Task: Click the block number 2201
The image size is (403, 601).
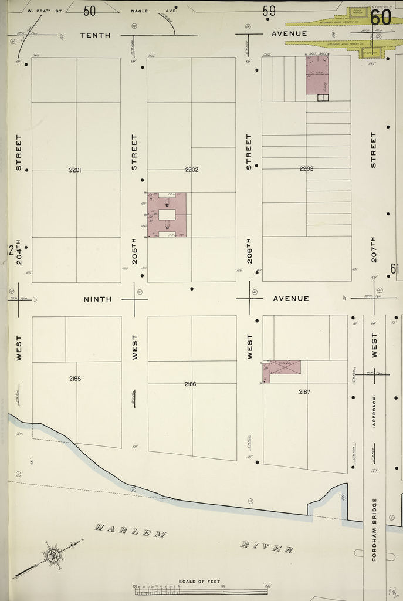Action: tap(75, 170)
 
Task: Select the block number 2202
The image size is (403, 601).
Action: tap(192, 170)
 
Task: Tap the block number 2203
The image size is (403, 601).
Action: tap(306, 169)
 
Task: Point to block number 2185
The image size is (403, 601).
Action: tap(75, 379)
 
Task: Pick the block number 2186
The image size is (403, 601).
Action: tap(190, 384)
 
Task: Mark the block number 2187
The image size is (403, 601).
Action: tap(304, 391)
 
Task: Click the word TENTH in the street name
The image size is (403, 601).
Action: tap(95, 35)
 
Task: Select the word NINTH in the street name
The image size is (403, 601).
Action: tap(97, 299)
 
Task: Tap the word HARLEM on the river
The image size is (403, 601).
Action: tap(131, 532)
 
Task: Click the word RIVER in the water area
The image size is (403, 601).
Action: tap(267, 548)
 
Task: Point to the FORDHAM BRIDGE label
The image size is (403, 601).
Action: tap(375, 529)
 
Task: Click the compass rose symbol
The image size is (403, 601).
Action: tap(53, 554)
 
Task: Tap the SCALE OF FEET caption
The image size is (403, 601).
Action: tap(199, 582)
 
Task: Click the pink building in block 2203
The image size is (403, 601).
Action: tap(317, 76)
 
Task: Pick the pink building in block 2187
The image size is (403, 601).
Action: tap(283, 369)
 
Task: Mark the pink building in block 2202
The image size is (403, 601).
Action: tap(167, 214)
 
